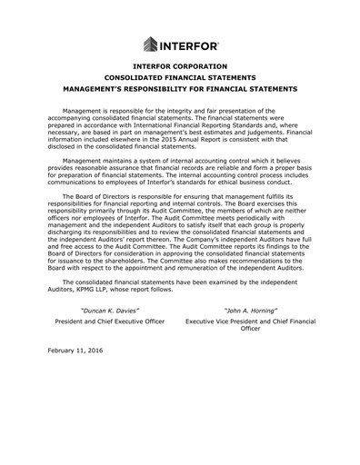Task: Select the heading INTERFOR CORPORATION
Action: click(179, 67)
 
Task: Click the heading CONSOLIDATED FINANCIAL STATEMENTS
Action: click(179, 78)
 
